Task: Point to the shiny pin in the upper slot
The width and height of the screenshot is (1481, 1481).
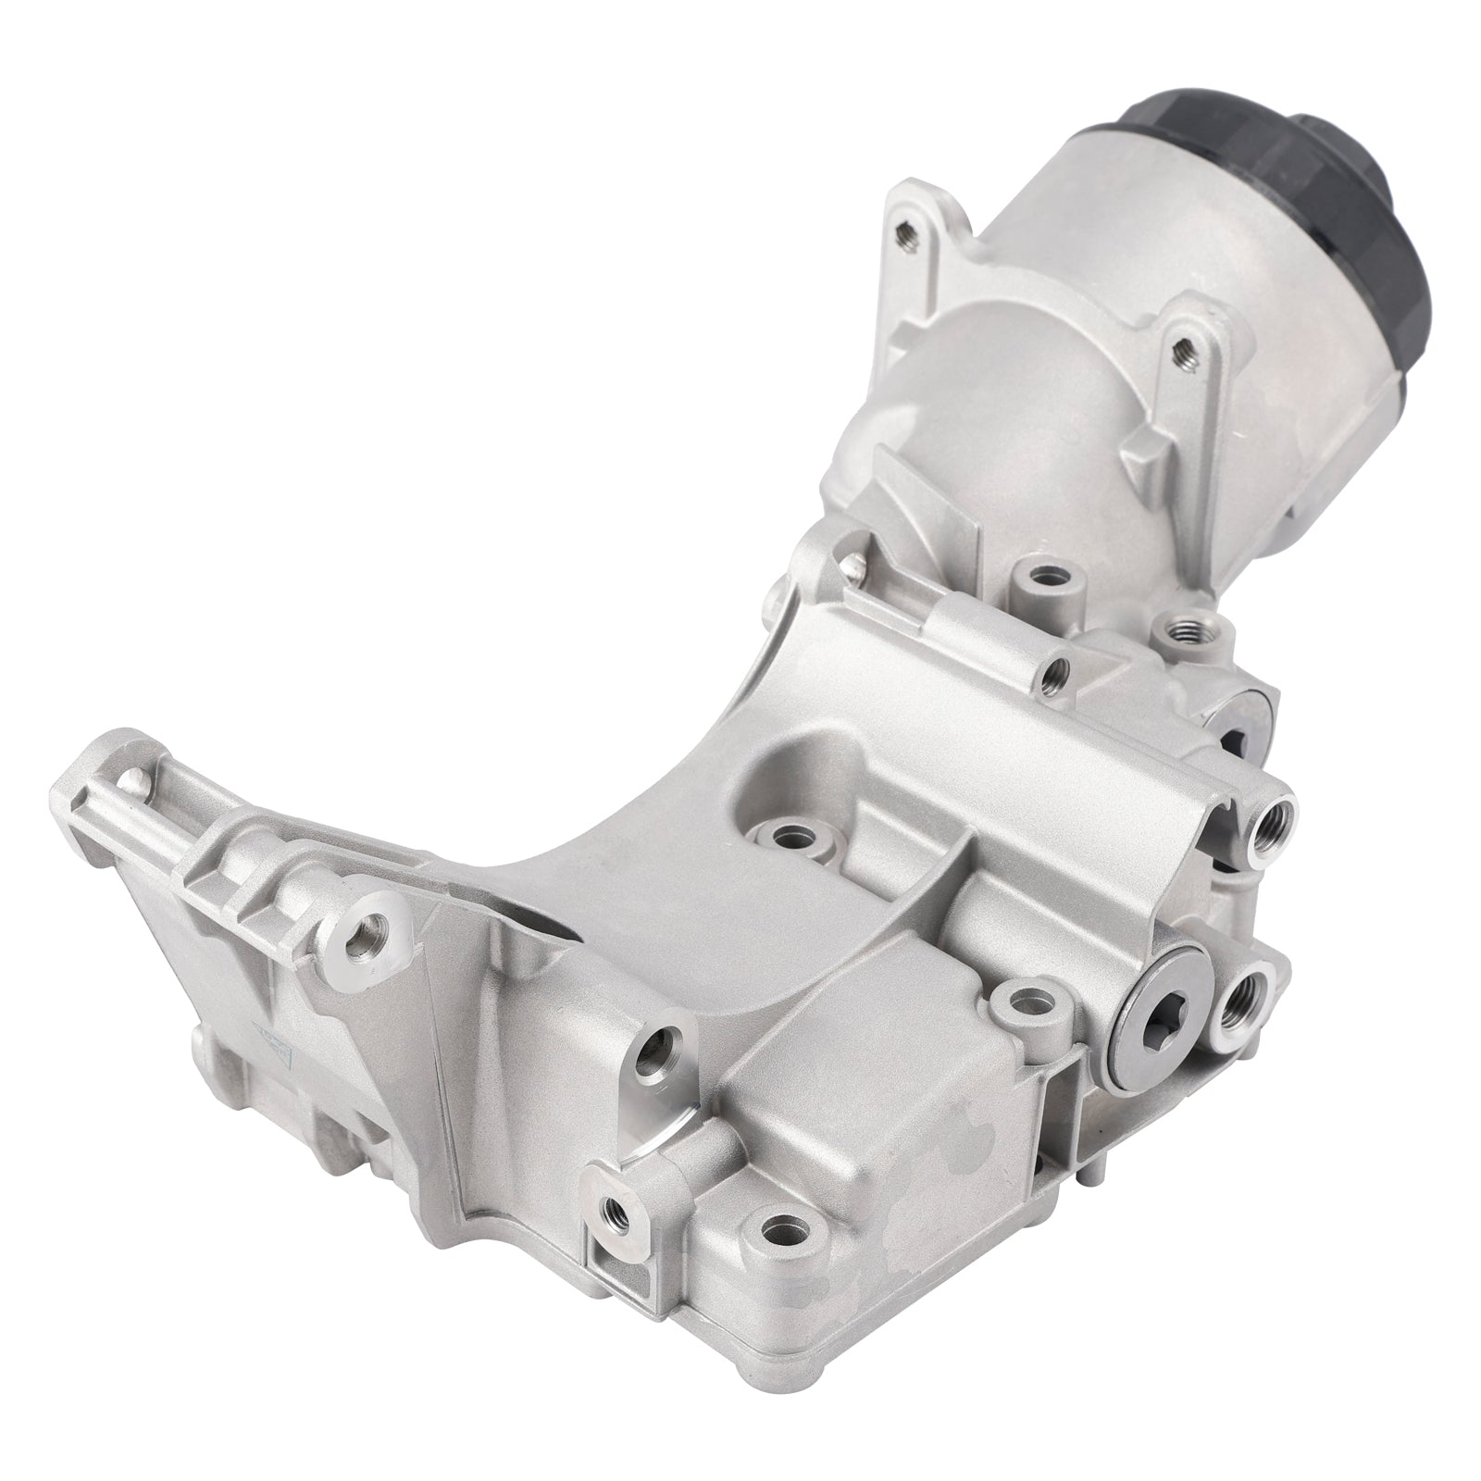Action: (x=850, y=561)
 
